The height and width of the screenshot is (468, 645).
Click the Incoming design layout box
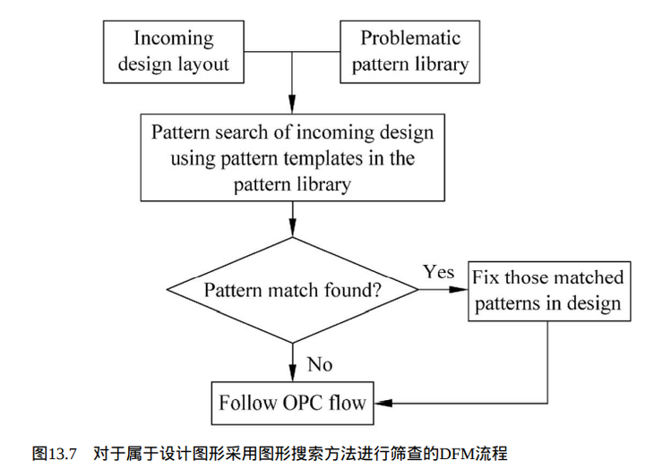pos(173,51)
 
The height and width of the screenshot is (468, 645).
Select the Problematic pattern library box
pos(410,51)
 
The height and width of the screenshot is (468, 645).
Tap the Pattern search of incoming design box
pos(292,159)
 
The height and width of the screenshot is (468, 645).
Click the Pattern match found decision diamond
pos(293,290)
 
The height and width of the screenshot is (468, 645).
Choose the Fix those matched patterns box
pos(547,290)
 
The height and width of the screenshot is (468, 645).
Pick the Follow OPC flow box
pos(292,403)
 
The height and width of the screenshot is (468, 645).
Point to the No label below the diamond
pos(320,363)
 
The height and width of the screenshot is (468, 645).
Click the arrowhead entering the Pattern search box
pos(293,106)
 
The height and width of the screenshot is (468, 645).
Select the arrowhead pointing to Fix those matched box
pos(462,290)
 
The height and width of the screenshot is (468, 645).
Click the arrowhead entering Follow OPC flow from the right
pos(381,403)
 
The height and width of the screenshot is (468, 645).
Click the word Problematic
pos(410,38)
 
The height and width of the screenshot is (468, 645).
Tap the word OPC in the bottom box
pos(302,403)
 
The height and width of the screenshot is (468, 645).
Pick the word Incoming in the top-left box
pos(174,38)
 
